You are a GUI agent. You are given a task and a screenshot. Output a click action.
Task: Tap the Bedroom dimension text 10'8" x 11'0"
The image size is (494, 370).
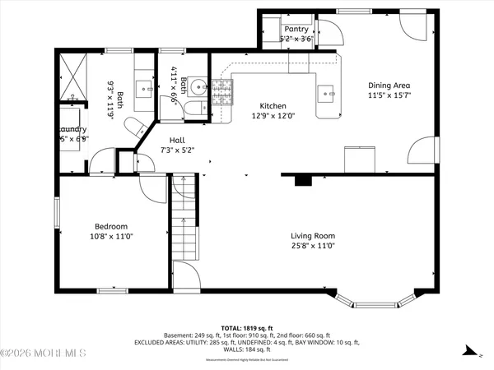click(x=110, y=237)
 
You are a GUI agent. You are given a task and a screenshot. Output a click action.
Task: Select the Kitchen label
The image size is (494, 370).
click(x=273, y=106)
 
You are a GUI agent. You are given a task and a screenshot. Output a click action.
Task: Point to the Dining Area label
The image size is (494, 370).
click(x=389, y=85)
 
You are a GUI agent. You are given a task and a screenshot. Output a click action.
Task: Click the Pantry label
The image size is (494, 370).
click(x=296, y=29)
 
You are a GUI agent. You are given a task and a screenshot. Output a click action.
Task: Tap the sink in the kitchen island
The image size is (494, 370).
click(x=331, y=93)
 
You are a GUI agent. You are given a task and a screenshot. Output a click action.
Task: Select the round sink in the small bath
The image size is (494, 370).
click(x=198, y=88)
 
